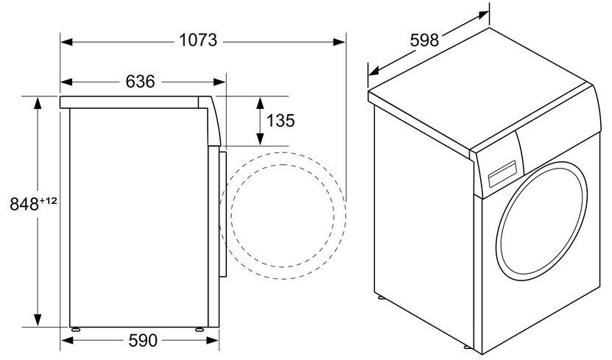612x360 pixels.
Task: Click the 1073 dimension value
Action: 198,41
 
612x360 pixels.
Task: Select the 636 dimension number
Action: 140,82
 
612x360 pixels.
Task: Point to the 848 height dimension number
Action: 24,205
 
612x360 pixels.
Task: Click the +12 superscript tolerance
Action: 49,200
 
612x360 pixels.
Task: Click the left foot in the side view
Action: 75,328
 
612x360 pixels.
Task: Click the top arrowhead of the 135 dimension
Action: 260,101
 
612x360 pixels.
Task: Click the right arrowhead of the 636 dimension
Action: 222,82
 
